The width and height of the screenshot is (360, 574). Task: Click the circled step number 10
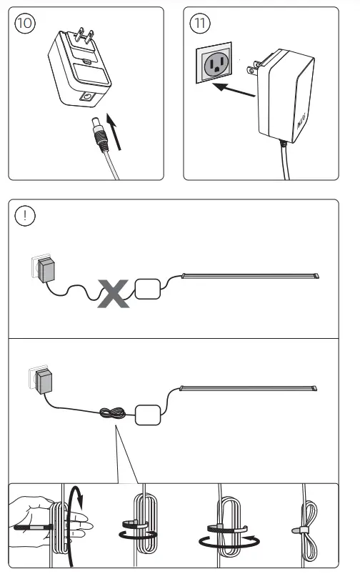tap(24, 23)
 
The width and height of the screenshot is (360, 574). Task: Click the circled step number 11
tap(200, 23)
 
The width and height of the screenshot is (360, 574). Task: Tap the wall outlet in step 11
tap(215, 67)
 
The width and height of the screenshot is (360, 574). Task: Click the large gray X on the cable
tap(114, 294)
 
